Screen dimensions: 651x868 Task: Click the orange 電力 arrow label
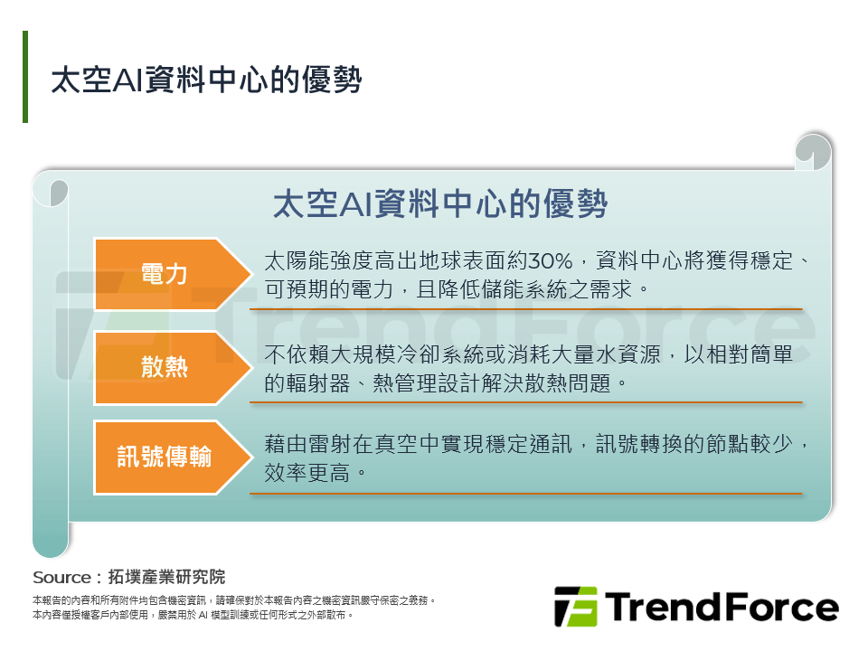(165, 274)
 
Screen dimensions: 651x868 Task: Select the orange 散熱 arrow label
(165, 367)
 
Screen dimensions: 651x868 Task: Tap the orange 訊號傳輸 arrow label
(165, 457)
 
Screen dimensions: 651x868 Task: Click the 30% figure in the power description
(551, 262)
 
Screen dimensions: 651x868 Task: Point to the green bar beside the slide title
(25, 77)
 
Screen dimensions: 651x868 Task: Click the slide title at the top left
(207, 80)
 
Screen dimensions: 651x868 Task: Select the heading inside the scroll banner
(439, 203)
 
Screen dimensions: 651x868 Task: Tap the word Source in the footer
(61, 578)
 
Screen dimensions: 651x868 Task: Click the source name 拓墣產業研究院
(166, 578)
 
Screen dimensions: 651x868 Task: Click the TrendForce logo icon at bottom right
(575, 607)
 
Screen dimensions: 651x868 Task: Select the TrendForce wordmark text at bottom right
(722, 607)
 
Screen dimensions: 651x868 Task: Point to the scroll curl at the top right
(814, 151)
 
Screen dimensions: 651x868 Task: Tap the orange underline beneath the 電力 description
(533, 308)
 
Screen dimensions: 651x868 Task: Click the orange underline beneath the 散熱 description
(533, 401)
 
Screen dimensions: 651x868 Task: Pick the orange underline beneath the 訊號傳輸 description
(533, 493)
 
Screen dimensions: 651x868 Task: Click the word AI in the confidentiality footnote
(203, 615)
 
